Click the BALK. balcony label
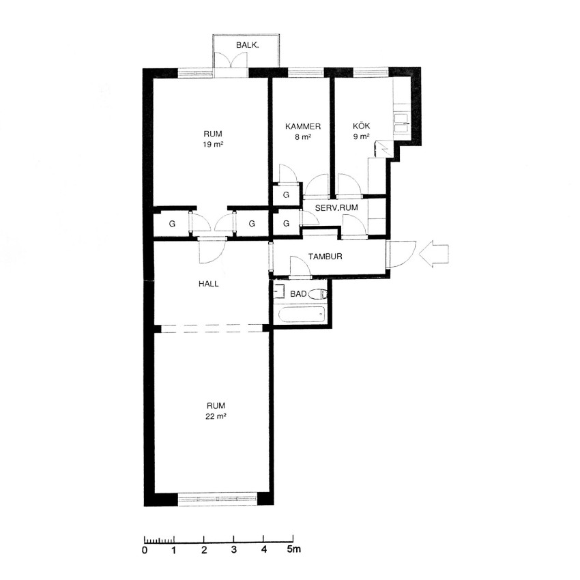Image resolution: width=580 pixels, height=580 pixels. [248, 46]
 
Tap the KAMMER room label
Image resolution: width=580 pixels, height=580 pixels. [302, 126]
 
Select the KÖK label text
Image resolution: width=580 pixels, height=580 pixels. [361, 126]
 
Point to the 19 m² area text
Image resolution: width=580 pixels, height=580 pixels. [213, 144]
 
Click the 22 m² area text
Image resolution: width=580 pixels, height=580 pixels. [216, 416]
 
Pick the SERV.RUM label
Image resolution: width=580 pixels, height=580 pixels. [336, 208]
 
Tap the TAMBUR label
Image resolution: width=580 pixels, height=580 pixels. [325, 257]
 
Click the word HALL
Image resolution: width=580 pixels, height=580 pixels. [209, 284]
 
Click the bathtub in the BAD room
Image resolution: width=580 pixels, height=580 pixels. [302, 315]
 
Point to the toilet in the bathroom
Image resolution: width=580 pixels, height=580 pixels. [318, 294]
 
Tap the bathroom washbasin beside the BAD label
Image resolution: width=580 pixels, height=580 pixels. [279, 291]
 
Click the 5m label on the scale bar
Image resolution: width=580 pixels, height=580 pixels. [294, 549]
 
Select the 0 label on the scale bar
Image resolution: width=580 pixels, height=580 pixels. [145, 550]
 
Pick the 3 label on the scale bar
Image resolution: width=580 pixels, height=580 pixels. [234, 550]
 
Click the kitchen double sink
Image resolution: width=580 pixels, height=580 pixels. [402, 123]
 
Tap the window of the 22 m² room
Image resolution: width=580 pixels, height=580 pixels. [218, 499]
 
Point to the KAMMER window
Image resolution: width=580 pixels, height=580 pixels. [306, 72]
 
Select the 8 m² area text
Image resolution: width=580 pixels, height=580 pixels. [302, 137]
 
